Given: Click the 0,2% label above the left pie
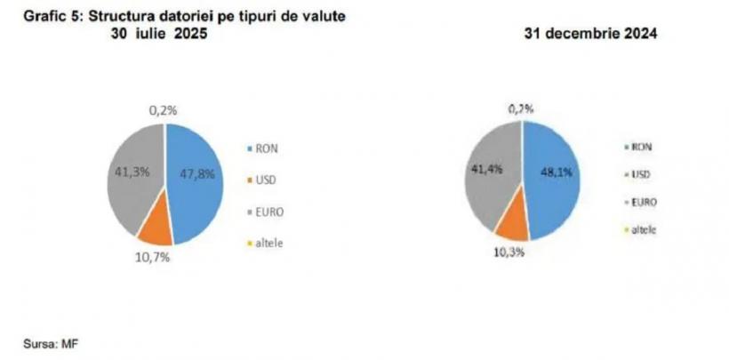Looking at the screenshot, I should [164, 110].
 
